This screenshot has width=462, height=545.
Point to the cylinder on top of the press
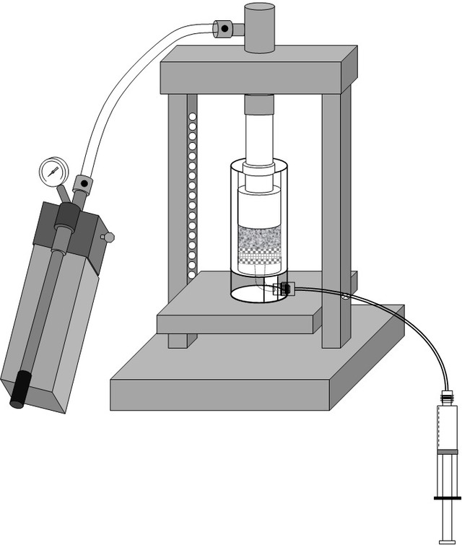259,27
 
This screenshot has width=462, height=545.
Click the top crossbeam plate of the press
258,71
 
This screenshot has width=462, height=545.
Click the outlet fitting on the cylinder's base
284,289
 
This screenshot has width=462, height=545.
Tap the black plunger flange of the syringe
448,497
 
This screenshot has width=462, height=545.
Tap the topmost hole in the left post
191,117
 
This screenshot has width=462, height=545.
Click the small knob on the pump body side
109,237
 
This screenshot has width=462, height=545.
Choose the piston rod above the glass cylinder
259,137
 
